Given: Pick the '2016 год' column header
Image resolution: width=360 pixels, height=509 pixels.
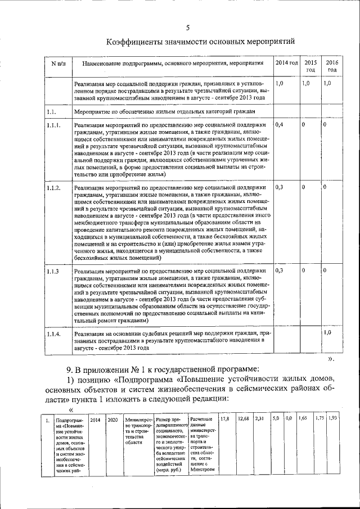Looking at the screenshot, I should [x=332, y=65].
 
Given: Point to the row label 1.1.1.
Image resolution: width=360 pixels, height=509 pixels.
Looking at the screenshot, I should [x=55, y=123].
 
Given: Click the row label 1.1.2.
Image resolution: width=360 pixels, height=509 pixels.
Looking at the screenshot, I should [x=55, y=187].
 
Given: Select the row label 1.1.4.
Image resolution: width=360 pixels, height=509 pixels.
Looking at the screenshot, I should [x=53, y=335].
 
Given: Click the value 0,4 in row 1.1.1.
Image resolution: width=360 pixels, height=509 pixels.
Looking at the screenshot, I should [x=280, y=123].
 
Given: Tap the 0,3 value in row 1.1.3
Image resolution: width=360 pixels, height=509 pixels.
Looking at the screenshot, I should [x=280, y=271].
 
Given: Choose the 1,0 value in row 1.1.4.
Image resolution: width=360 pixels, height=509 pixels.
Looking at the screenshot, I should [x=327, y=334].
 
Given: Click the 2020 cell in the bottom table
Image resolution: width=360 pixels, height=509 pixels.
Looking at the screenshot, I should [x=112, y=420].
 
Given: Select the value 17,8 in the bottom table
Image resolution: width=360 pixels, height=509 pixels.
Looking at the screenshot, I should [x=224, y=420].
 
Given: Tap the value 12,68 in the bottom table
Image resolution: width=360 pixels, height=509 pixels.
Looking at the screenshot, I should [x=244, y=420].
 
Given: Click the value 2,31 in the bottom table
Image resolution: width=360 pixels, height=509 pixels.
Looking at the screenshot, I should [x=259, y=420].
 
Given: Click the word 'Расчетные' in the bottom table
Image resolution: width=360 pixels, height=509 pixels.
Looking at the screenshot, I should [x=201, y=420].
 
